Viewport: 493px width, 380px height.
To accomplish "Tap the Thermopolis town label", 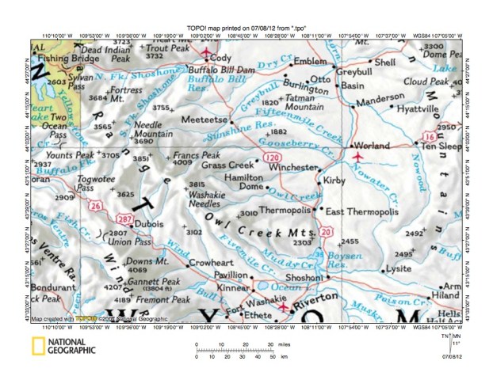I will point(283,211).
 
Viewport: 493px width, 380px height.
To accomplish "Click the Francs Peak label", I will point(196,155).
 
